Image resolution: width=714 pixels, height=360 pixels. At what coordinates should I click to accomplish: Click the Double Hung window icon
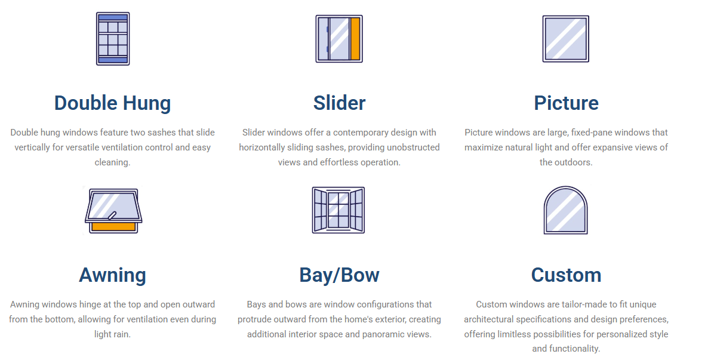pos(113,39)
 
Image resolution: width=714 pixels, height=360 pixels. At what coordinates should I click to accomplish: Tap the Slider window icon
pos(339,39)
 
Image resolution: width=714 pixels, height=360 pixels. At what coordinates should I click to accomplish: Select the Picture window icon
pos(565,39)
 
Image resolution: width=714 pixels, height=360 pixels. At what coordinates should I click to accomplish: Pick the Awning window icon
pos(113,211)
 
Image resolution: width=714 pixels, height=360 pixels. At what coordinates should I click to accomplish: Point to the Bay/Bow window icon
pos(338,210)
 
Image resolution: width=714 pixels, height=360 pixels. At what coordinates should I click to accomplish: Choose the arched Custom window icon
pos(565,210)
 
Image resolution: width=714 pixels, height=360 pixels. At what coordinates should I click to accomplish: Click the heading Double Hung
pos(112,103)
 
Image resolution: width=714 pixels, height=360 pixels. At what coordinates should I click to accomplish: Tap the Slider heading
pos(339,103)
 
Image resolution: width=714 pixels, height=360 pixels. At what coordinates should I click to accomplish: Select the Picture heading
pos(566,103)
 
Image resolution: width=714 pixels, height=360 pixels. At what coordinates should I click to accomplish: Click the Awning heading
pos(112,275)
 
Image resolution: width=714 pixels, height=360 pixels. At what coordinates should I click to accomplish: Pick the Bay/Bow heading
pos(339,275)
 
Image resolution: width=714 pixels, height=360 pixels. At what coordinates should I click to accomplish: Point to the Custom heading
pos(566,275)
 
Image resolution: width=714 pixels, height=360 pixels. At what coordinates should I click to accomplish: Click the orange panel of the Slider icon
pos(355,39)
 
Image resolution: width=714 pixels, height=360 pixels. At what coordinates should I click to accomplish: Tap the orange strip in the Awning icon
pos(113,227)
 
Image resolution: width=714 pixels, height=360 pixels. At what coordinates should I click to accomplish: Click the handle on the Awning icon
pos(112,216)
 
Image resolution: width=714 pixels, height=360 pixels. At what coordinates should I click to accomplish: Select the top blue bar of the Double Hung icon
pos(113,18)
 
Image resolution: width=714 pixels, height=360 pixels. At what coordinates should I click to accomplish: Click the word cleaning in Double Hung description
pos(112,162)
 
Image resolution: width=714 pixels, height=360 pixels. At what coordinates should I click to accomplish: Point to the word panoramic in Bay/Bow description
pos(387,334)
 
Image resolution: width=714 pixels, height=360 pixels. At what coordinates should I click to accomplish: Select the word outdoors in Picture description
pos(573,162)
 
